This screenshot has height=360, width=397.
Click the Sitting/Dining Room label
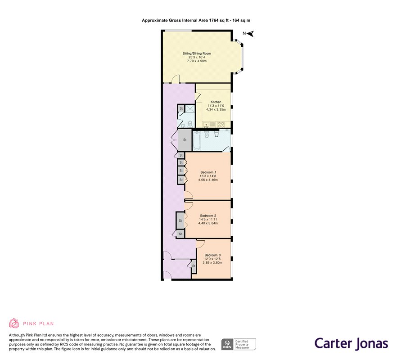point(197,54)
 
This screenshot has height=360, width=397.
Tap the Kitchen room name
point(216,102)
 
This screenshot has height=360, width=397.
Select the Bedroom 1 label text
point(208,172)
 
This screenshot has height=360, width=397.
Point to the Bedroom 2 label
point(208,216)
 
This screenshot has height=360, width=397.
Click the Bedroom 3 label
point(212,255)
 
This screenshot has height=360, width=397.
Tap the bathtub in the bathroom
point(197,141)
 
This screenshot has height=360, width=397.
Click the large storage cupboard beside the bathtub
point(185,140)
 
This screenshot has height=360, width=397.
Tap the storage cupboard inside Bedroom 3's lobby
point(194,266)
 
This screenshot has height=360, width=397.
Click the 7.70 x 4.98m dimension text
point(197,61)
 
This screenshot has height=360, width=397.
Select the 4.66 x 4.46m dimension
point(208,180)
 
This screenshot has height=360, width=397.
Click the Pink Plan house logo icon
point(14,323)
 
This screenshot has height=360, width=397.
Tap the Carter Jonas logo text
point(352,343)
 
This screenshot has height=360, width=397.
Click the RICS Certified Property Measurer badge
point(239,344)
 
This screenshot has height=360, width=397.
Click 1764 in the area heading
point(214,20)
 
